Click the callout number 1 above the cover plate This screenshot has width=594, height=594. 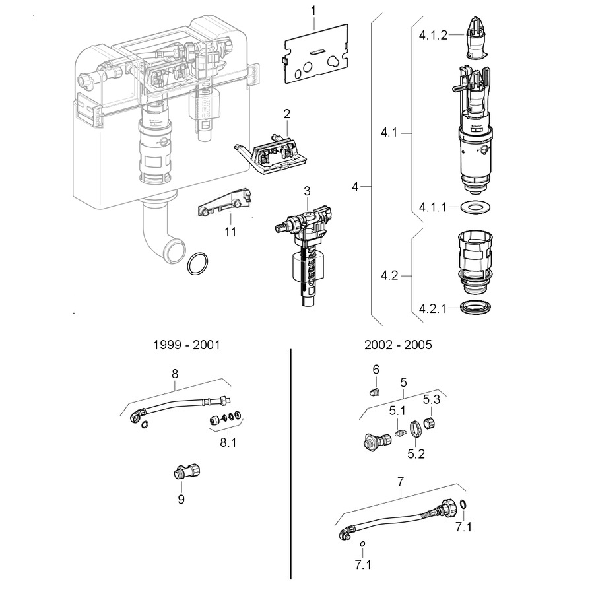(x=313, y=11)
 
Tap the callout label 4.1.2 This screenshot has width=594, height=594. (x=433, y=35)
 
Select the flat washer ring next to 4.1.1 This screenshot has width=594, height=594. (x=476, y=207)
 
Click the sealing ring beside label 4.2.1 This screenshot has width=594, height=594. (x=476, y=307)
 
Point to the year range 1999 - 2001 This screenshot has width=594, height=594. (x=186, y=345)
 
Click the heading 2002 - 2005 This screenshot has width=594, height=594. (x=398, y=345)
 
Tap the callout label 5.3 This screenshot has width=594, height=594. (x=432, y=400)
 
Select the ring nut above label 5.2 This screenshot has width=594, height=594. (x=416, y=429)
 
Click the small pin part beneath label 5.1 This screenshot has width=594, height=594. (x=398, y=434)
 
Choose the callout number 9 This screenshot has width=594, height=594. (x=181, y=499)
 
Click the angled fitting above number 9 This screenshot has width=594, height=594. (x=186, y=472)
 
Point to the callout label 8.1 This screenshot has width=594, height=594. (x=228, y=442)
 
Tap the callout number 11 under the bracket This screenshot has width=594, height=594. (x=230, y=232)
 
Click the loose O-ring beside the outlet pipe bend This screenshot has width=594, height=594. (x=197, y=263)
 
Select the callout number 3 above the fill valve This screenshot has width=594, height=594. (x=307, y=191)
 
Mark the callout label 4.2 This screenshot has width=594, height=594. (x=389, y=275)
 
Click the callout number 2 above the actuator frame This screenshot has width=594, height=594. (x=287, y=114)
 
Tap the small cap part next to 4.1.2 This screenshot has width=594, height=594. (x=477, y=38)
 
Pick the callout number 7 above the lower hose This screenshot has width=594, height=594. (x=401, y=482)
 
